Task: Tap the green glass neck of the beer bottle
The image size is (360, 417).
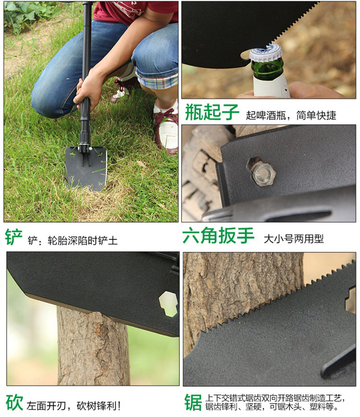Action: click(267, 70)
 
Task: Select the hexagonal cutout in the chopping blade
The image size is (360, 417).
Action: click(168, 304)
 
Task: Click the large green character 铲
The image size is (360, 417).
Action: click(13, 237)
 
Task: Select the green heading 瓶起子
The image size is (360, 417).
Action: click(212, 112)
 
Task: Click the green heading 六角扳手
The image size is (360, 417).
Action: click(218, 235)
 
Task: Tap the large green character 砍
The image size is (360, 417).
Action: click(14, 403)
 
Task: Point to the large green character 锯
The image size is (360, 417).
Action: click(193, 402)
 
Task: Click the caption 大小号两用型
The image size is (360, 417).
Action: click(293, 239)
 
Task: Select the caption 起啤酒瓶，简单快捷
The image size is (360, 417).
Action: click(291, 116)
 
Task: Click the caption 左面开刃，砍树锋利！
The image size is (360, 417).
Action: click(74, 405)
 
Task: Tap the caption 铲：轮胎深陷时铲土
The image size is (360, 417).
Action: click(72, 240)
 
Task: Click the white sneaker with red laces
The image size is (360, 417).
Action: click(167, 128)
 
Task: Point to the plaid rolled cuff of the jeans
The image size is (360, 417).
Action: click(157, 79)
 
